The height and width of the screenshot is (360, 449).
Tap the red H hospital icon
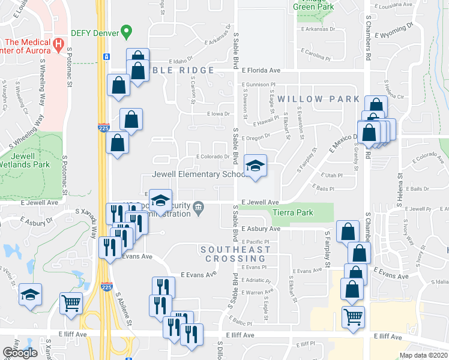[x=58, y=44]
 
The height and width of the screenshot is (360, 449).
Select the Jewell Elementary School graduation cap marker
[x=255, y=167]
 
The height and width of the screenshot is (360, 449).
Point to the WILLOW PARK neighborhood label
[x=319, y=99]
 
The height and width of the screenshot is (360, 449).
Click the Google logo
[x=20, y=352]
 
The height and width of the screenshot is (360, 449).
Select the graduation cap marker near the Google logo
[x=29, y=295]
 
